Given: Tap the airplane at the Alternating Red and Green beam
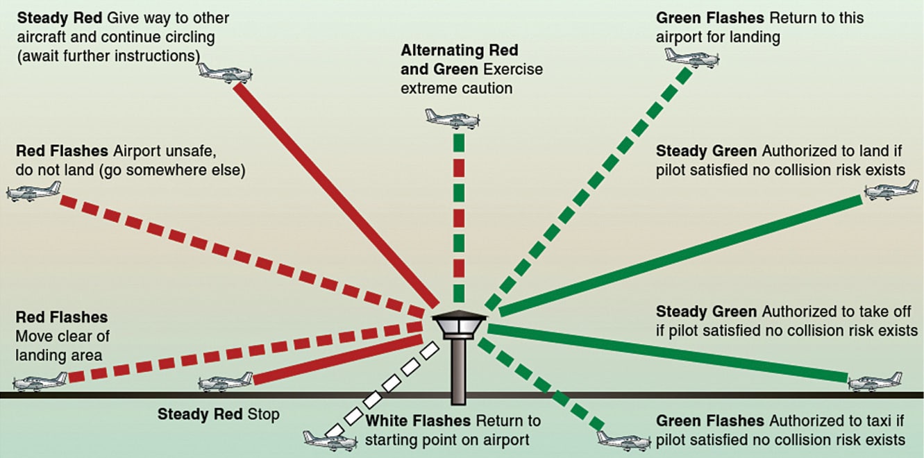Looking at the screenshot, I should pyautogui.click(x=452, y=119).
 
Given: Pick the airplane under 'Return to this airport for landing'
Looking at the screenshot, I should pyautogui.click(x=691, y=57).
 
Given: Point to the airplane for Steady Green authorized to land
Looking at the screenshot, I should pyautogui.click(x=891, y=190).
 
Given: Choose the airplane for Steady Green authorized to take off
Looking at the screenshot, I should pyautogui.click(x=875, y=380).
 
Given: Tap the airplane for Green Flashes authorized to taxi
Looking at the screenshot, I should pyautogui.click(x=623, y=439).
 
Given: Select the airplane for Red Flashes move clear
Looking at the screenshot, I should pyautogui.click(x=40, y=381).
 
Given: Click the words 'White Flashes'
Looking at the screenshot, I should pyautogui.click(x=417, y=421).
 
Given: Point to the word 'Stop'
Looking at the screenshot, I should pyautogui.click(x=264, y=415).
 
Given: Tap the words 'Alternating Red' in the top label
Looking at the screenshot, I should pyautogui.click(x=459, y=51).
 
